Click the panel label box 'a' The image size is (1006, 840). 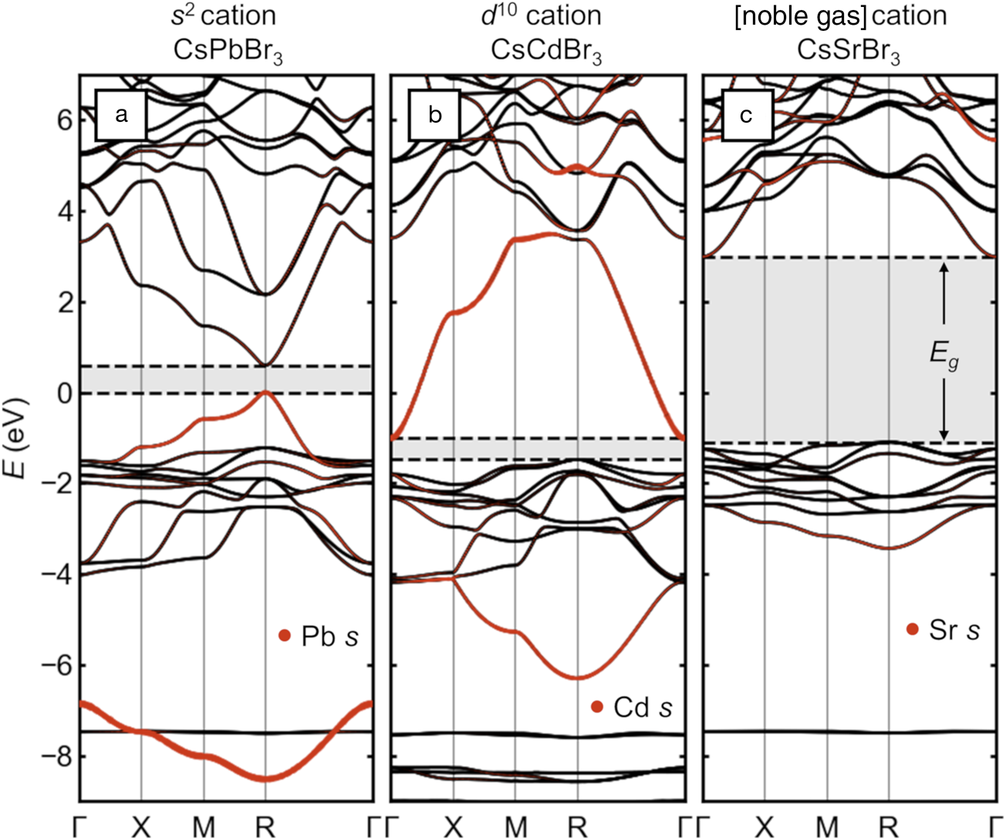pos(120,115)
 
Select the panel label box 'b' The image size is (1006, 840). pos(434,115)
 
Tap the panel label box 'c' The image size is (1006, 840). pos(746,115)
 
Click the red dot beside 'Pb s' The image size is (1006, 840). pos(285,636)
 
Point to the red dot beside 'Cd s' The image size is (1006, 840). pos(596,707)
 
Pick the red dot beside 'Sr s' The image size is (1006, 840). pos(913,629)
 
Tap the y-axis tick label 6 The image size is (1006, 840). pos(65,120)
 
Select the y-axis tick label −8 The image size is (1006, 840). pos(57,756)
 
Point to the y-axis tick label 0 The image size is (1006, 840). pos(65,393)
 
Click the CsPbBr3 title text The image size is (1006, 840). pos(228,52)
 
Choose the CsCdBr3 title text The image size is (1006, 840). pos(546,52)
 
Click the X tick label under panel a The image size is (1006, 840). pos(141,827)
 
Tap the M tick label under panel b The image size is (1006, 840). pos(515,827)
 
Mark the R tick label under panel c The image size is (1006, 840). pos(889,827)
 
